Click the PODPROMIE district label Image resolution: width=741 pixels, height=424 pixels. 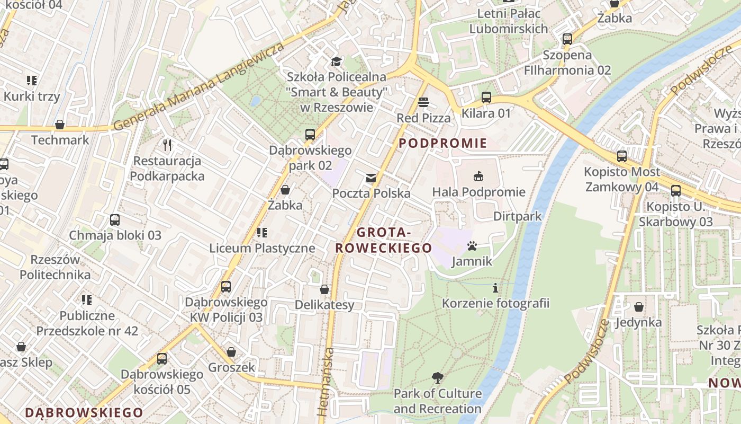pos(442,143)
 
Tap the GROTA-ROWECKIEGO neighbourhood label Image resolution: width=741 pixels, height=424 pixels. pos(384,240)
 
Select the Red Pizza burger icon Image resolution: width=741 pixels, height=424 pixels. pos(423,102)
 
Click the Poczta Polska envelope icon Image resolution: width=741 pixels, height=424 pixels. pos(371,178)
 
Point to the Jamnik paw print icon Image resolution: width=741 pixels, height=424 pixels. pos(472,246)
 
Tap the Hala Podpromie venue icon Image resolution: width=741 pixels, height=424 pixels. pos(478,176)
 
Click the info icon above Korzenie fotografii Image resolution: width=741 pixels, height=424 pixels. pos(495,288)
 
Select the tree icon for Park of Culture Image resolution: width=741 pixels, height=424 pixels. pos(437,378)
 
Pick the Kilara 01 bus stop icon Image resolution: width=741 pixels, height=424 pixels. pos(486,98)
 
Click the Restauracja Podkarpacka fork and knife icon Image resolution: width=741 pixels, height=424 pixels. pos(167,145)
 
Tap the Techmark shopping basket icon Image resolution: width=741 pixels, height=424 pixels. pos(60,125)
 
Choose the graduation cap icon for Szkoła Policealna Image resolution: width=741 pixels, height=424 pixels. pos(336,62)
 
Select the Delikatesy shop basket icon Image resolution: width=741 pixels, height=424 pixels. pos(324,289)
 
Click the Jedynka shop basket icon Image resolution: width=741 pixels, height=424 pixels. pos(639,307)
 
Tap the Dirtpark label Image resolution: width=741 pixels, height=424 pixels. pos(517,216)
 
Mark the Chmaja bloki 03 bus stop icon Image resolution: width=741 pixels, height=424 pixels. pos(115,220)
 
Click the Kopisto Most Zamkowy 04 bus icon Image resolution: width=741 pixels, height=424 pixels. pos(622,156)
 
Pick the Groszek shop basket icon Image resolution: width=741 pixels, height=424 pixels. pos(231,352)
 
